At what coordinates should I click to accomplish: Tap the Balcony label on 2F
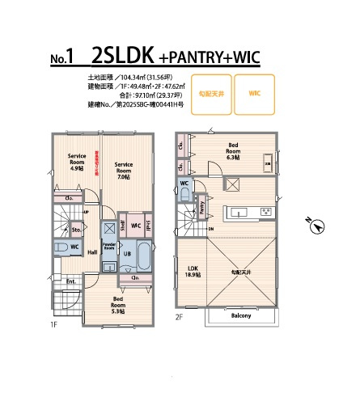pos(240,315)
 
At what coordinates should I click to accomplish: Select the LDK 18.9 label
pos(194,271)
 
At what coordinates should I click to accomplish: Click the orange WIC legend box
pos(254,93)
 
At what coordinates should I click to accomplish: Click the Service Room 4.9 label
pos(77,162)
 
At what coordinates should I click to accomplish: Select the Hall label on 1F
pos(93,252)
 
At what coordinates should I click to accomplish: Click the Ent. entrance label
pos(70,281)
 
